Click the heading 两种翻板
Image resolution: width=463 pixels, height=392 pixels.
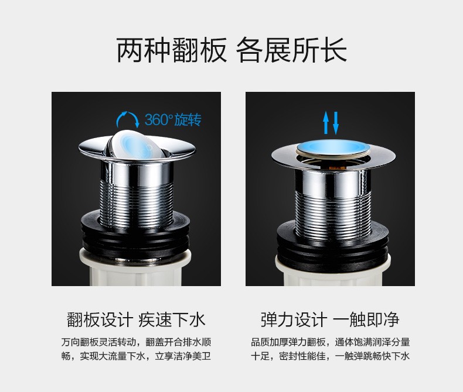pyautogui.click(x=172, y=50)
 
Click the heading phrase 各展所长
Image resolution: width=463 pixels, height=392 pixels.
pyautogui.click(x=291, y=50)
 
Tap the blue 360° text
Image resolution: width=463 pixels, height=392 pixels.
pyautogui.click(x=159, y=120)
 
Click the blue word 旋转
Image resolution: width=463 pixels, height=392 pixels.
pyautogui.click(x=188, y=120)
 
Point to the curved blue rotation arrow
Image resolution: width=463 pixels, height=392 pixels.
pyautogui.click(x=127, y=114)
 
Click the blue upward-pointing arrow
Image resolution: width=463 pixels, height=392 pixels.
pyautogui.click(x=326, y=122)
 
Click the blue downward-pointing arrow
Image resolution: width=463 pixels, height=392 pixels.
pyautogui.click(x=336, y=123)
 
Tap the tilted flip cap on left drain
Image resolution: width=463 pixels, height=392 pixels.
pyautogui.click(x=136, y=145)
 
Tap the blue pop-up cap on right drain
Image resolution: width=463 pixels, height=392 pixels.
pyautogui.click(x=333, y=147)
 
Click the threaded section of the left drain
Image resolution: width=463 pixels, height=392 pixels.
pyautogui.click(x=137, y=204)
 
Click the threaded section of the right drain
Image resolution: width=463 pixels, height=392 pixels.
pyautogui.click(x=333, y=214)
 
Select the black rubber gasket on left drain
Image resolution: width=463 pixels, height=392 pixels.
pyautogui.click(x=136, y=236)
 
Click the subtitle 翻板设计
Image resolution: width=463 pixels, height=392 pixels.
pyautogui.click(x=100, y=320)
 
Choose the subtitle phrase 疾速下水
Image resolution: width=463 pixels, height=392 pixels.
pyautogui.click(x=172, y=320)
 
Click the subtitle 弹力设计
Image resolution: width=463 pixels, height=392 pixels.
pyautogui.click(x=294, y=320)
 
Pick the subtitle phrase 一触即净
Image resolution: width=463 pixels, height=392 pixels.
pyautogui.click(x=366, y=320)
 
